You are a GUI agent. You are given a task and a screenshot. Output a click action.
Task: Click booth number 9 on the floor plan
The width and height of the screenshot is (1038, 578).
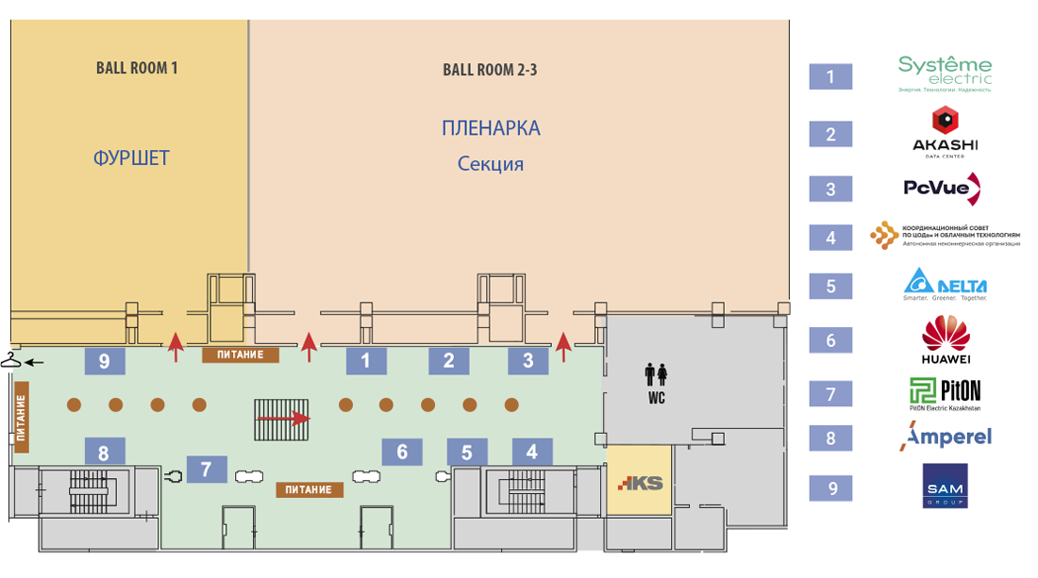[x=105, y=360]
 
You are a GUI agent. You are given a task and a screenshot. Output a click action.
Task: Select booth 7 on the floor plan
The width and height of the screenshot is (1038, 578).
[x=207, y=469]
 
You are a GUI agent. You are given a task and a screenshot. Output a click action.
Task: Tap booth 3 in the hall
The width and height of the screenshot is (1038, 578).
[x=528, y=359]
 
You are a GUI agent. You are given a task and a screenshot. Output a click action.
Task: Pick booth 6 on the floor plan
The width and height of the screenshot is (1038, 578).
[x=402, y=452]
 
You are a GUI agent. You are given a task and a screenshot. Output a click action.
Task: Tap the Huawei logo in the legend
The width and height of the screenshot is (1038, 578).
[x=946, y=340]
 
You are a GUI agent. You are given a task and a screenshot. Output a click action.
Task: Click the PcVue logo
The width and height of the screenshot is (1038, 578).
[x=944, y=188]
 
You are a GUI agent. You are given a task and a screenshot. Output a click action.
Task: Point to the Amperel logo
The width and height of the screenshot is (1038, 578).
[x=946, y=438]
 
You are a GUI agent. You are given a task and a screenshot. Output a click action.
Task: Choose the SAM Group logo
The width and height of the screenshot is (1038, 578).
[x=945, y=486]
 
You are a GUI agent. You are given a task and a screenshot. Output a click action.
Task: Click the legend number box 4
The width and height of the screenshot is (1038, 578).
[x=830, y=238]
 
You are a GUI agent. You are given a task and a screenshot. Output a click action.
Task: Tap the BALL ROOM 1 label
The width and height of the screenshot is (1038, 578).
[x=137, y=68]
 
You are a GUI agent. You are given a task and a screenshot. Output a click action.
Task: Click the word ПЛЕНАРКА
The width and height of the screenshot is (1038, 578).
[x=491, y=128]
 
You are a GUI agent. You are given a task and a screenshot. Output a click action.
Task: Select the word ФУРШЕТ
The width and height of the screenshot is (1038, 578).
[x=131, y=157]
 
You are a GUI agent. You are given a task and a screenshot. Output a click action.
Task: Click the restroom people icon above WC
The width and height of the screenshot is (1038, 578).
[x=657, y=375]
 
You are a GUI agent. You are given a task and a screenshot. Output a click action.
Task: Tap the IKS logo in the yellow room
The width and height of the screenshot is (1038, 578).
[x=640, y=484]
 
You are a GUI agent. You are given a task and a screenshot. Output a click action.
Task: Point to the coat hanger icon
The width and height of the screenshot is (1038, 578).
[x=12, y=359]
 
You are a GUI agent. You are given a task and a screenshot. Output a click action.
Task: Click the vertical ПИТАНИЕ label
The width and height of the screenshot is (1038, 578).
[x=21, y=413]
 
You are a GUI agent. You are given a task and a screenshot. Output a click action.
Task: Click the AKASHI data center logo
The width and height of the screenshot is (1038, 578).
[x=945, y=130]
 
